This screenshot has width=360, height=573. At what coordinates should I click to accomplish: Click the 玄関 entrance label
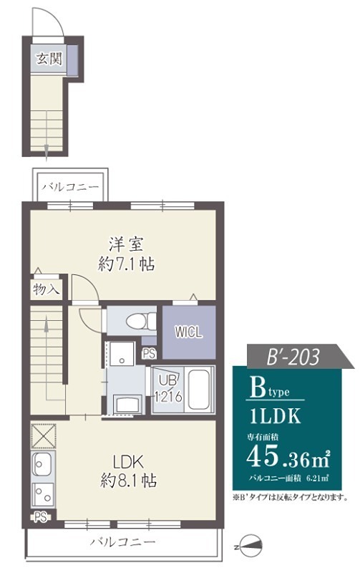point(48,59)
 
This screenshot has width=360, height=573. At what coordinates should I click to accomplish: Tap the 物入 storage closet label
point(47,289)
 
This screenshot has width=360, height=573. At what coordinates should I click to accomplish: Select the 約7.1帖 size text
point(127,264)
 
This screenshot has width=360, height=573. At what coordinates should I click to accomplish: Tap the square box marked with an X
point(43,435)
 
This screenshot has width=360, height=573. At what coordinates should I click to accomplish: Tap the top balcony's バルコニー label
point(69,188)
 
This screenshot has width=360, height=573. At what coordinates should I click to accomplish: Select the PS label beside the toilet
point(150,353)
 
